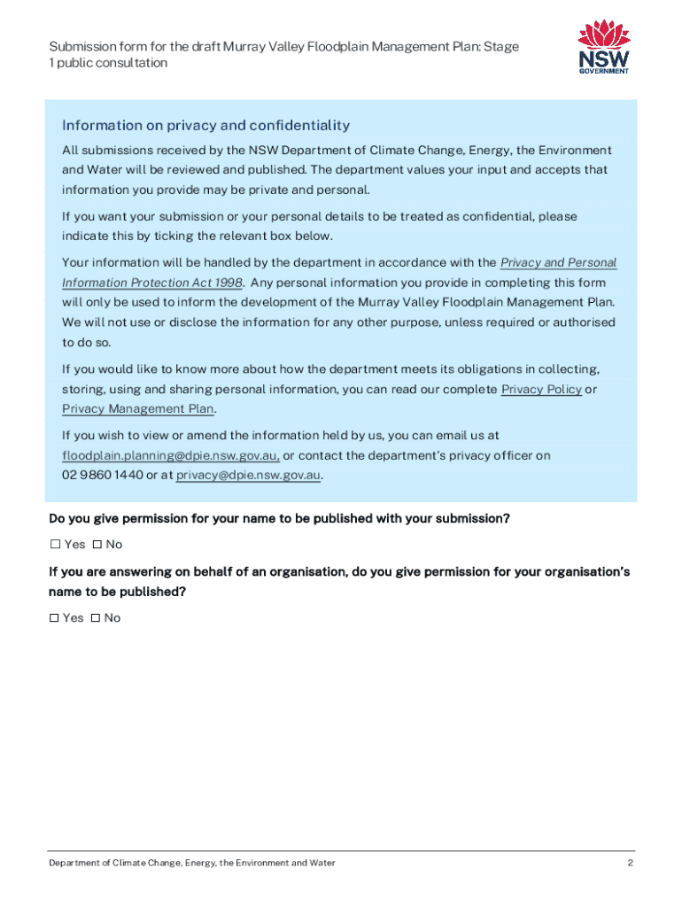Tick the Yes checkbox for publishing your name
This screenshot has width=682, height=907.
tap(55, 544)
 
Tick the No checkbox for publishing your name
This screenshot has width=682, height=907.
tap(97, 544)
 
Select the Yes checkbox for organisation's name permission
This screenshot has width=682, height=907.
tap(55, 617)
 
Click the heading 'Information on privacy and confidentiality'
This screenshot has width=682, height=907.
tap(205, 126)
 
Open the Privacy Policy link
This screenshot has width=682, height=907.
tap(541, 390)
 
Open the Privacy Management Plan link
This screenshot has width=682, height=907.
tap(138, 409)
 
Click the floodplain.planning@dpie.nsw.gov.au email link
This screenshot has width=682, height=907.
tap(170, 456)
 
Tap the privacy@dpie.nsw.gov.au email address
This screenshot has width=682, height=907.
tap(248, 476)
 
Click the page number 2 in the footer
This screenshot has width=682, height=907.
tap(630, 864)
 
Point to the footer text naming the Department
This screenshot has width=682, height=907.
tap(191, 864)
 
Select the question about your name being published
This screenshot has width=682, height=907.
tap(279, 519)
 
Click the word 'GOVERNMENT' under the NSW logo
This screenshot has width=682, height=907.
tap(604, 71)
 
